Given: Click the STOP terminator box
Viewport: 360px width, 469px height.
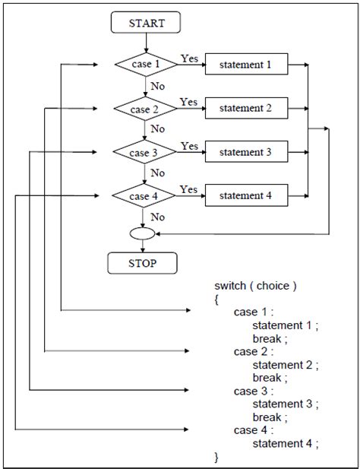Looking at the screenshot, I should coord(144,264).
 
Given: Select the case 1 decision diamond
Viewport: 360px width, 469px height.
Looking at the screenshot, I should coord(145,65).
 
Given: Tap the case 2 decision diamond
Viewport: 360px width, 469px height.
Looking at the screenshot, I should coord(144,109).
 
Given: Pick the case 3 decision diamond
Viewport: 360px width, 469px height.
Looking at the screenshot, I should coord(144,153).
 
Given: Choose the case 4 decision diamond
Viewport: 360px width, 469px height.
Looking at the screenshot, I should coord(144,196).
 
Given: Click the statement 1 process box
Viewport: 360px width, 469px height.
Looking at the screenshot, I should coord(245,65).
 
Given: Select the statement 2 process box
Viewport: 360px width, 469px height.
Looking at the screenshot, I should coord(245,109).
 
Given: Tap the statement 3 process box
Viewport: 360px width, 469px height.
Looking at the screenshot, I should coord(245,152).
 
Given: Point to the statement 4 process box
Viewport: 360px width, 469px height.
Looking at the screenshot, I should coord(245,196).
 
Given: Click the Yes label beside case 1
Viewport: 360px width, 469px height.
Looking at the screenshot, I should coord(189,58).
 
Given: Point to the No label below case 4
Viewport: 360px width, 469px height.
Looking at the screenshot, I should coord(158,217).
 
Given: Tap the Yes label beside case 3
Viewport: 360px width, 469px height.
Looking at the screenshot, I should coord(189,145).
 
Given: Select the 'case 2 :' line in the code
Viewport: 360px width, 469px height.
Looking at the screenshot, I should coord(254,351).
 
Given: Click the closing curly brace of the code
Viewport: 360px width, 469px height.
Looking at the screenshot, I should coord(216,456).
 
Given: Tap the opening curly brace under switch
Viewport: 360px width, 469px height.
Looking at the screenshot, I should coord(216,299).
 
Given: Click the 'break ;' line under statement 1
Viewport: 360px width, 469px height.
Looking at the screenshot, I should coord(271,338).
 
